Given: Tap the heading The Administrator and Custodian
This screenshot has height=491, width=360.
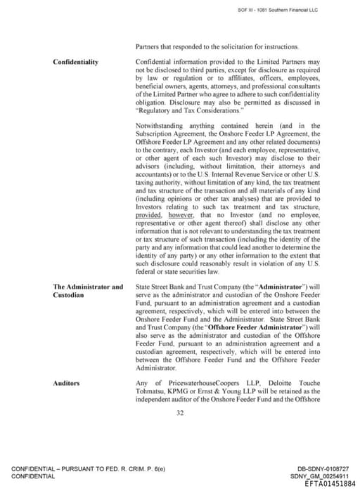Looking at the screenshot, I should pyautogui.click(x=88, y=291).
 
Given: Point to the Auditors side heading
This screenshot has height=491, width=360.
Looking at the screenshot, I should pyautogui.click(x=66, y=383).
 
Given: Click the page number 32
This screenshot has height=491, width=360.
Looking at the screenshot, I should pyautogui.click(x=180, y=412).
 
